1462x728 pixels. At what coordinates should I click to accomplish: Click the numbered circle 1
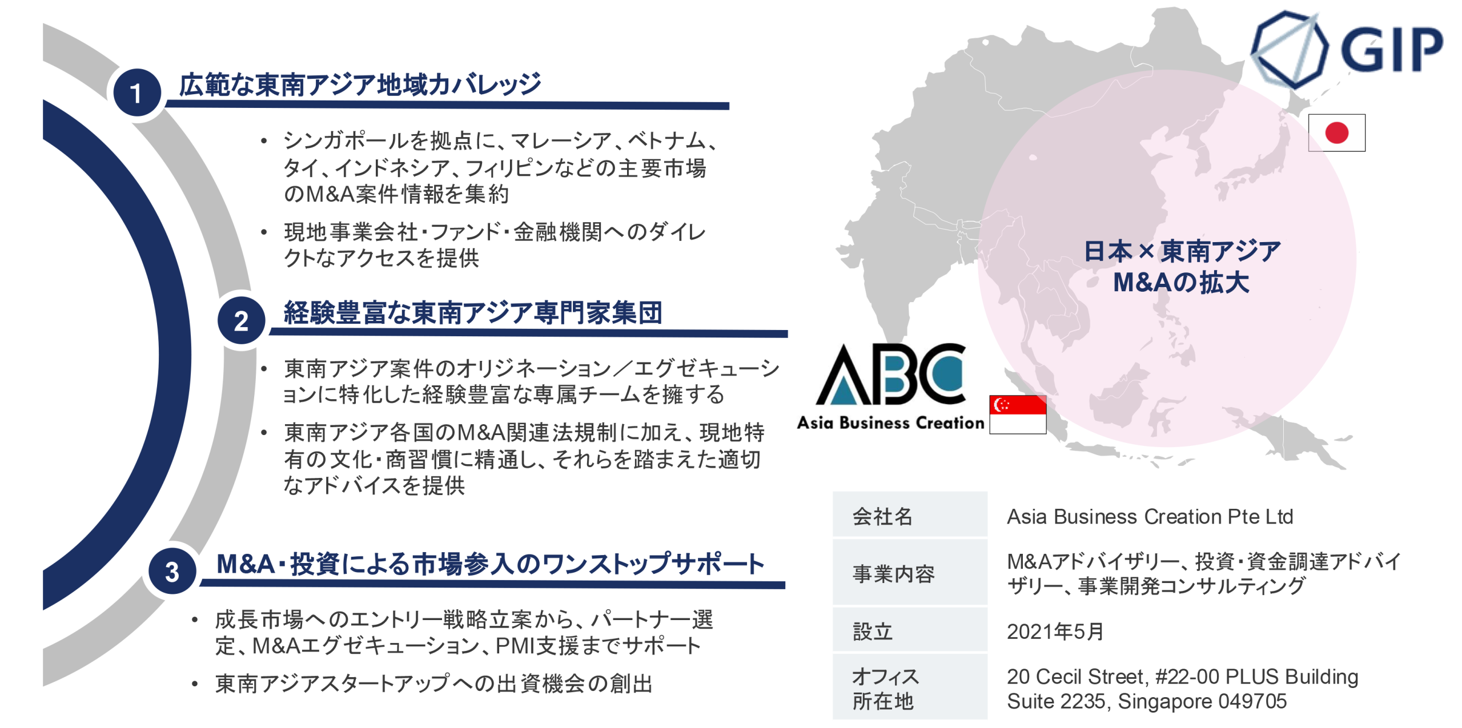click(x=136, y=92)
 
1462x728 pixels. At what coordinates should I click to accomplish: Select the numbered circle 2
click(x=241, y=320)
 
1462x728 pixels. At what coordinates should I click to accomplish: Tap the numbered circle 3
click(x=172, y=571)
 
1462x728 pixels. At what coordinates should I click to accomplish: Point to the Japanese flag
click(x=1336, y=133)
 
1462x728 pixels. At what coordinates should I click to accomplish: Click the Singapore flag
click(x=1017, y=415)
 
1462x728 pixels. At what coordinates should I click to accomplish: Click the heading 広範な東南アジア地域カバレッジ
click(x=360, y=85)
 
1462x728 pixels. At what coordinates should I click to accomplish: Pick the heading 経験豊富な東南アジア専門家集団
click(x=473, y=313)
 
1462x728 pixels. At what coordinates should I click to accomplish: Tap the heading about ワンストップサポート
click(x=490, y=564)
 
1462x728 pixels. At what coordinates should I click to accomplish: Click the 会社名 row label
click(x=882, y=516)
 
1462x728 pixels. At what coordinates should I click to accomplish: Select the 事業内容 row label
click(x=893, y=573)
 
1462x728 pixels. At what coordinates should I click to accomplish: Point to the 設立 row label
click(x=872, y=632)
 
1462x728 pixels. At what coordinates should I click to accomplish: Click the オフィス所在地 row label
click(x=885, y=689)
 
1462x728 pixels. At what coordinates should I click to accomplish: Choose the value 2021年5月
click(x=1055, y=632)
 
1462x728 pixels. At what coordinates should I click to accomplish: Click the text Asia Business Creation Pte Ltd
click(x=1149, y=516)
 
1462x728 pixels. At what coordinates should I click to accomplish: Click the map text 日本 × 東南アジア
click(x=1182, y=251)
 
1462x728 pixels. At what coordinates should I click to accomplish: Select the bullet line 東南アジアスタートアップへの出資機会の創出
click(x=433, y=683)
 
